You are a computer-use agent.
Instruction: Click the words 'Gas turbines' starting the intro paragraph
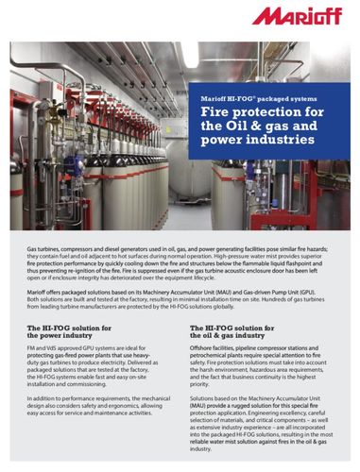coord(41,244)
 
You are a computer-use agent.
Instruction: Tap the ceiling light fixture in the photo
coord(189,57)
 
